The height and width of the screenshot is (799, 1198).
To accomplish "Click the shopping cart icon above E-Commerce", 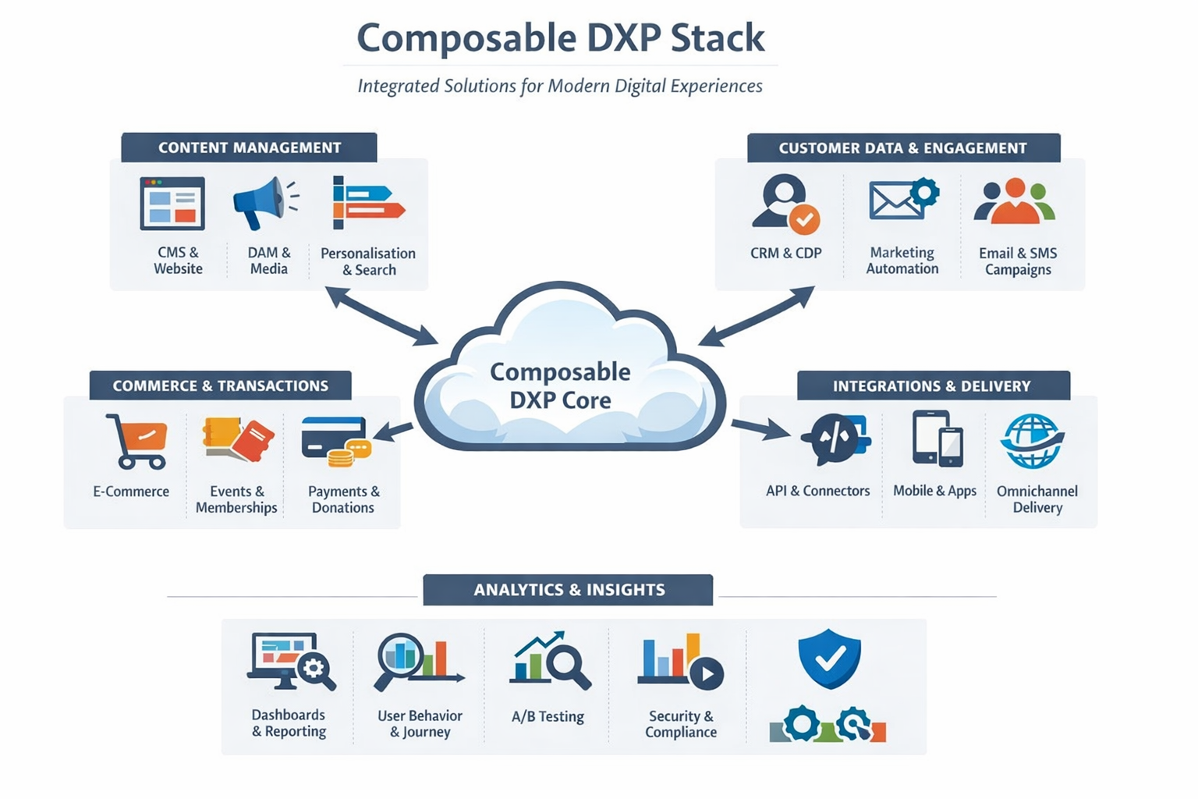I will [x=137, y=441].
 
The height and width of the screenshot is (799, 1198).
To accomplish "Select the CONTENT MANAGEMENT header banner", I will [x=249, y=147].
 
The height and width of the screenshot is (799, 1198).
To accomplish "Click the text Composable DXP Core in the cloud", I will [x=560, y=385].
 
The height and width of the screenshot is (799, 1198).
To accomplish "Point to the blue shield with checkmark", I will [x=829, y=659].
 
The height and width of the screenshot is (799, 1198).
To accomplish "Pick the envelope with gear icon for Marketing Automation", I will [x=902, y=199].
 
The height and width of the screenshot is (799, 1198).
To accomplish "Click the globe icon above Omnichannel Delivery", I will [x=1032, y=441].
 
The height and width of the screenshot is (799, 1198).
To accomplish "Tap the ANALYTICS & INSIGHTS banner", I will [x=568, y=590].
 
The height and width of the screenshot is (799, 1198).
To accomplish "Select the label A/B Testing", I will [x=548, y=716].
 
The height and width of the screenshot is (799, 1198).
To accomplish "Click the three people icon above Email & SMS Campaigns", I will [x=1014, y=201].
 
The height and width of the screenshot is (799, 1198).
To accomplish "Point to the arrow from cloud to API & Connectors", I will [x=760, y=428].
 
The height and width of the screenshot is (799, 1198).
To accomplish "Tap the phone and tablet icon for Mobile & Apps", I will [x=937, y=439].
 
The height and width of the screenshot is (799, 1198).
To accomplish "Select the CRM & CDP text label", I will [x=785, y=253].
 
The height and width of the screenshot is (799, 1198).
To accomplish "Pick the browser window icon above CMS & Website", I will [x=172, y=203].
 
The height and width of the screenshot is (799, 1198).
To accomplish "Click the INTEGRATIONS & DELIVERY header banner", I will [x=932, y=385].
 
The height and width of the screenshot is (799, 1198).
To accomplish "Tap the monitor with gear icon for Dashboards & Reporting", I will [x=290, y=662].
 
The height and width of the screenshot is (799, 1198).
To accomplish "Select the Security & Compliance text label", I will [x=680, y=724].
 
